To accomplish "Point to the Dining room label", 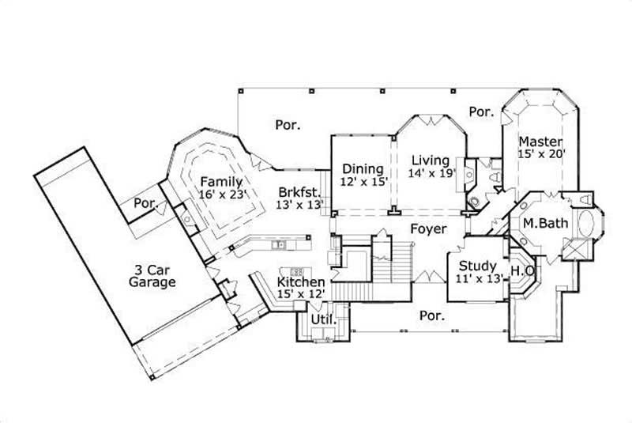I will pyautogui.click(x=362, y=168).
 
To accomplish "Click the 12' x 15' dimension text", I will pyautogui.click(x=362, y=181).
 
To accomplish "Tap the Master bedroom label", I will pyautogui.click(x=540, y=142).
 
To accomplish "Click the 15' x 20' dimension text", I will pyautogui.click(x=542, y=154).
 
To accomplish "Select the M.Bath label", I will pyautogui.click(x=545, y=224).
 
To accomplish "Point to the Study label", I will pyautogui.click(x=477, y=266).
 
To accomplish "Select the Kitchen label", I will pyautogui.click(x=300, y=282).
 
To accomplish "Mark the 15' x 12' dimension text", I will pyautogui.click(x=300, y=294).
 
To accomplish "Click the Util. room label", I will pyautogui.click(x=322, y=319).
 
